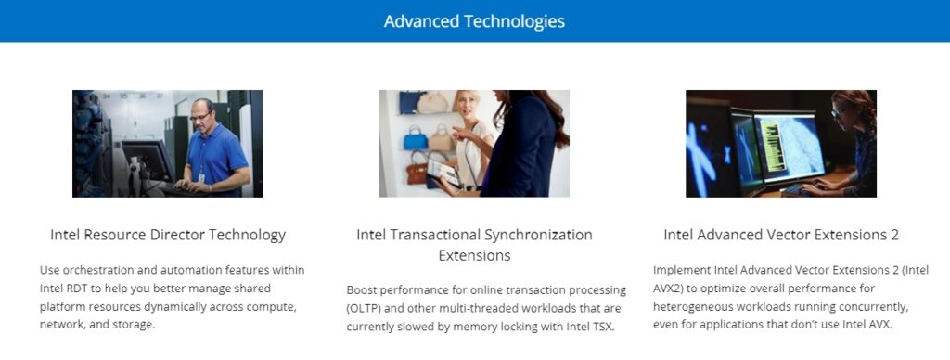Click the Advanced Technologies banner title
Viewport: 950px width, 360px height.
474,21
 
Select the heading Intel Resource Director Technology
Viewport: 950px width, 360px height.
168,235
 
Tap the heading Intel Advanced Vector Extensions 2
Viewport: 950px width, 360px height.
781,235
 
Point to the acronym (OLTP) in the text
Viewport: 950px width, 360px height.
364,308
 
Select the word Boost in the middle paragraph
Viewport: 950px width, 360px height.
360,290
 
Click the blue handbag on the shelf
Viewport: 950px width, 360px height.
416,139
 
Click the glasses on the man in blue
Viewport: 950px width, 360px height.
201,115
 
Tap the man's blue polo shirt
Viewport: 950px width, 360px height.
215,156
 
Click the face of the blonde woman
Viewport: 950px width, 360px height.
466,108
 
